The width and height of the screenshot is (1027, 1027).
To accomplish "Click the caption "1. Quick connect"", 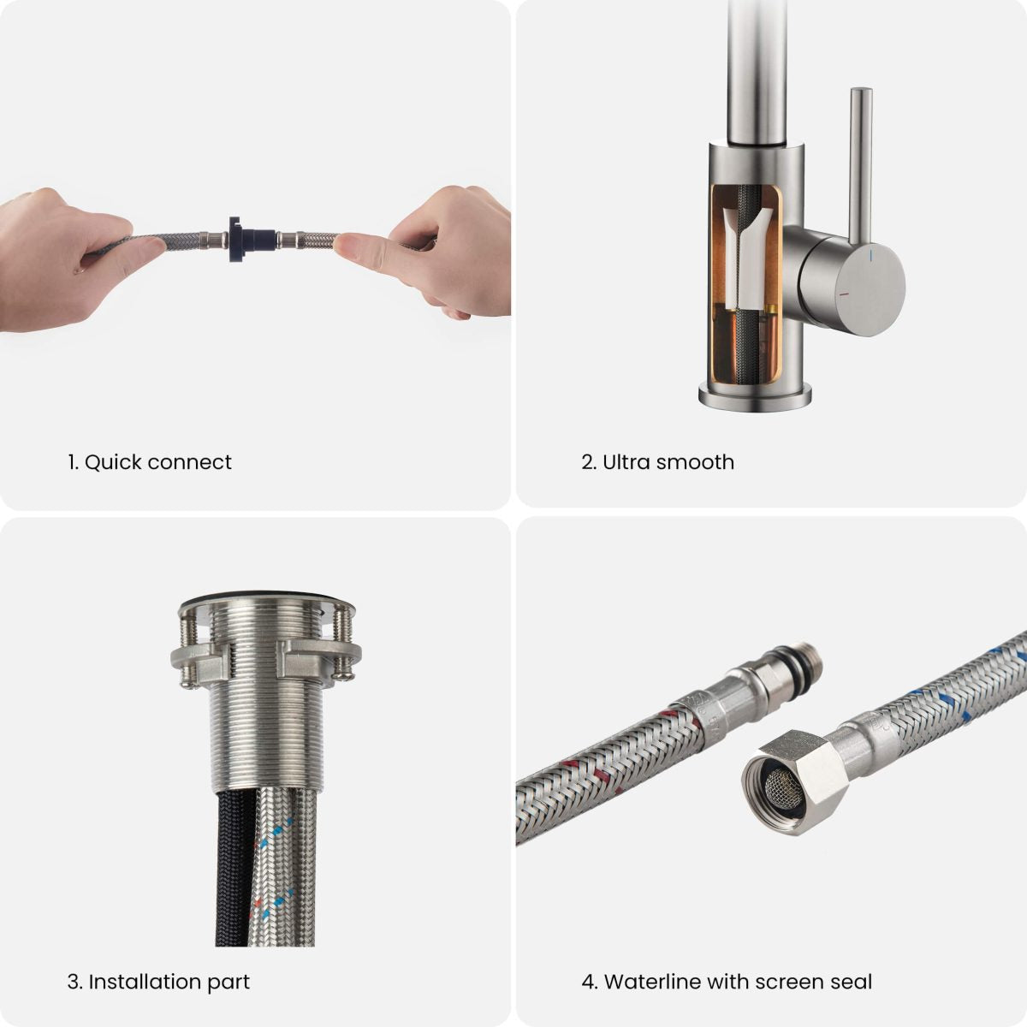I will point(150,462).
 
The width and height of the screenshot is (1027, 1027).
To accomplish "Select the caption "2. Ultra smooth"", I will point(657,462).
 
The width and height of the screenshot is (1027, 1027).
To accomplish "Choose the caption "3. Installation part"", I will point(158,981).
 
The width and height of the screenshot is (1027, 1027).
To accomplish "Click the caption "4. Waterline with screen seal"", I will point(727,981).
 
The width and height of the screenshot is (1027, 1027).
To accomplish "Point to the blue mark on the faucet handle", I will point(870,256).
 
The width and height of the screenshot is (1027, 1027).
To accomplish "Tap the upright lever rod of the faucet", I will point(860,163).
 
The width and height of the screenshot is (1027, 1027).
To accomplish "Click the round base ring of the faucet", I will point(755,395).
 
